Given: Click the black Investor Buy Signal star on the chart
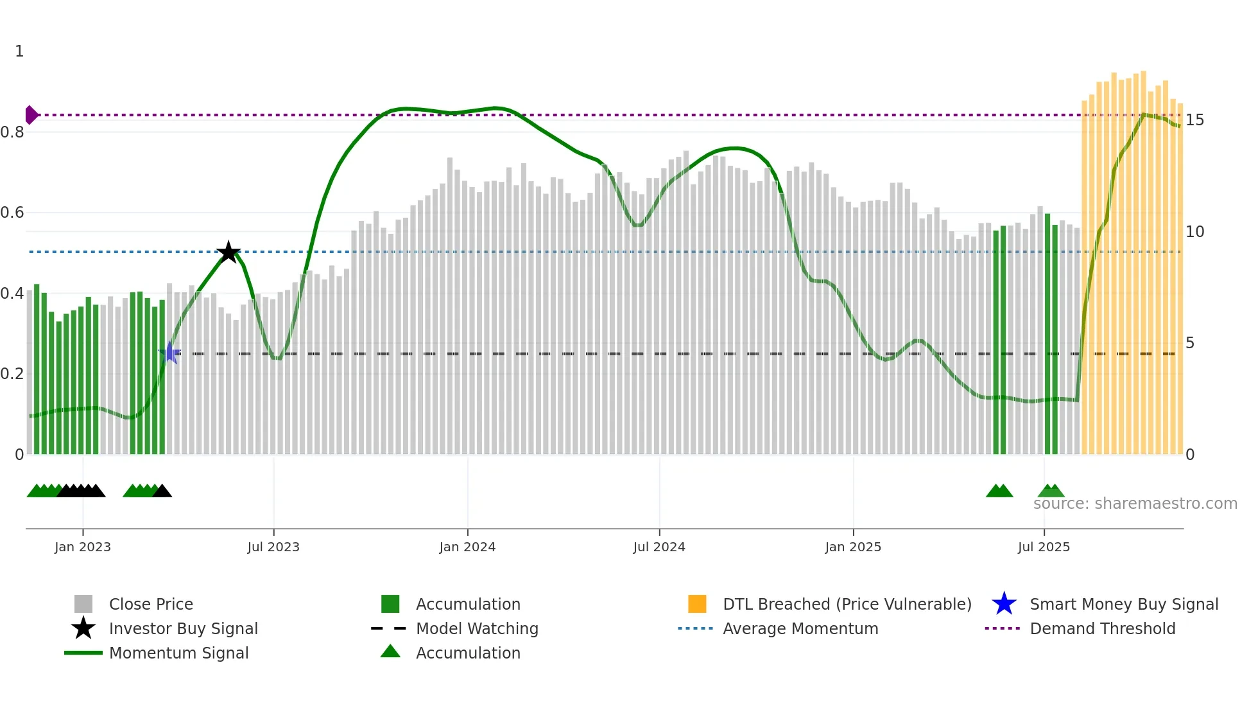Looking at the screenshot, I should coord(228,252).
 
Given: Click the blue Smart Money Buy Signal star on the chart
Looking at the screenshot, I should coord(170,353).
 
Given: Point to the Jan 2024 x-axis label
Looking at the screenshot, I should coord(467,547).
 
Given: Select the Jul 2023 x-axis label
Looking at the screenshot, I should coord(273,547).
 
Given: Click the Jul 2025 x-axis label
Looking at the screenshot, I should coord(1044,547).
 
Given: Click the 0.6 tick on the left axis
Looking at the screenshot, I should coord(13,213).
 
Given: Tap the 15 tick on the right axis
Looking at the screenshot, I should coord(1194,120).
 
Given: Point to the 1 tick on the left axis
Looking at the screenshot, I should coord(19,51).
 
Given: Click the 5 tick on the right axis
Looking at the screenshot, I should coord(1190,343).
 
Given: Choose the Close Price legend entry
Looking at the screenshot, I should coord(151,604).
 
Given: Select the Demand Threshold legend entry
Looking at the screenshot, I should coord(1102,628).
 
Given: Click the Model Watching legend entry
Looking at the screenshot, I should coord(477,628).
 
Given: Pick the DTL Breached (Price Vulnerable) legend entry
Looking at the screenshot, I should coord(847,604).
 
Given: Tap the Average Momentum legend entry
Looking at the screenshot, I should coord(800,628).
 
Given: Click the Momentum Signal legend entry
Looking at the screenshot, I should coord(178,653).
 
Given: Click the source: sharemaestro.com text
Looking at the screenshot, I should coord(1135,504).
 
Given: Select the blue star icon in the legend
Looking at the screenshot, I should coord(1004,604).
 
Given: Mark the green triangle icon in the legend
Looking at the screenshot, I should coord(390,651).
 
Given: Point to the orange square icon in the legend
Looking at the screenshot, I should coord(697,604).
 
